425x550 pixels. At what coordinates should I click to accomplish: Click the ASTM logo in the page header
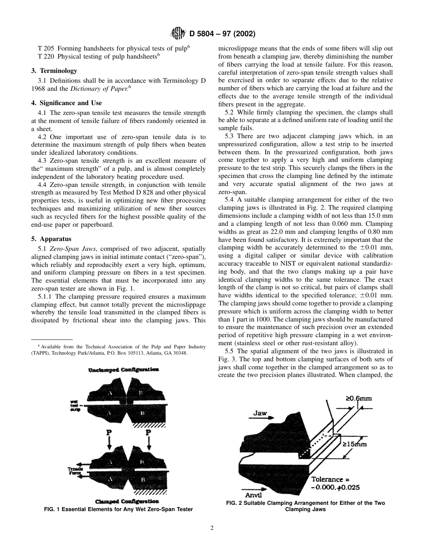[178, 34]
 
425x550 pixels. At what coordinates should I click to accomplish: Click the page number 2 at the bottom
[212, 528]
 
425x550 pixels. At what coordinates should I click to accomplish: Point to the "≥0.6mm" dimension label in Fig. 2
[358, 398]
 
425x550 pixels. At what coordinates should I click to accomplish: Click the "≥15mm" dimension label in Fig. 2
[354, 444]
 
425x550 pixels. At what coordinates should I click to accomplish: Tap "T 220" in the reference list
[47, 57]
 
